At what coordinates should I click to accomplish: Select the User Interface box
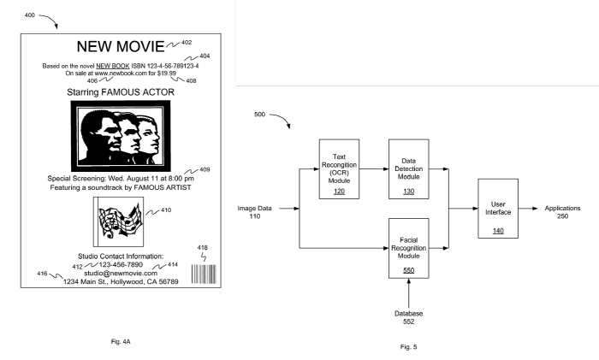(x=499, y=210)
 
